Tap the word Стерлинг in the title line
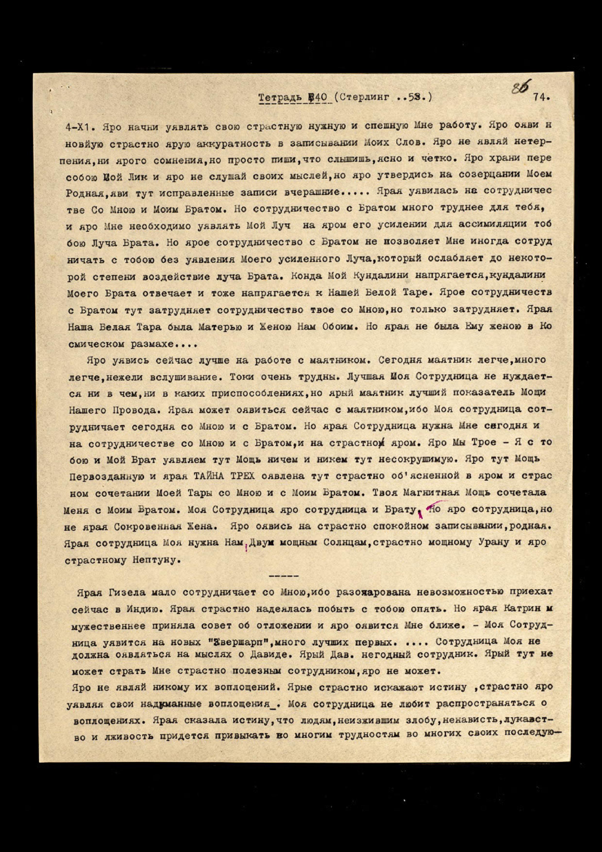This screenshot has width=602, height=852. (364, 98)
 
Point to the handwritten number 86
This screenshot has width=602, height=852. (521, 89)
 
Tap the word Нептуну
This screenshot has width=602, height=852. (154, 560)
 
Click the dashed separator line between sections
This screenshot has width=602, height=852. (283, 576)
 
